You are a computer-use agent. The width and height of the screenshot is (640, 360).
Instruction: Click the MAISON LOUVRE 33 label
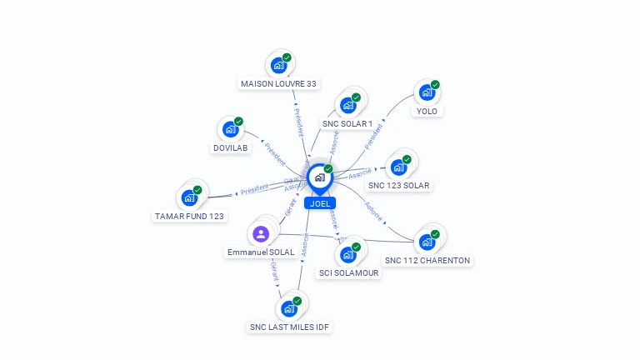278,84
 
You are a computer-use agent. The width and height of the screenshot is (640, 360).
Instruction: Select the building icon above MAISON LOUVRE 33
278,65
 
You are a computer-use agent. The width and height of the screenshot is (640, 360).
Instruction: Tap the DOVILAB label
231,147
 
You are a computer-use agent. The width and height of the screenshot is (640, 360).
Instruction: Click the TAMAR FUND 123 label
189,216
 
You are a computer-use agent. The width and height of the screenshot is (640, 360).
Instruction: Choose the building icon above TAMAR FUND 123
189,197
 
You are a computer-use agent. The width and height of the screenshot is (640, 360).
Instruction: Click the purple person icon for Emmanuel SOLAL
261,233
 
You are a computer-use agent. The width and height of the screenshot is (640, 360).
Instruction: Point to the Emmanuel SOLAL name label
261,252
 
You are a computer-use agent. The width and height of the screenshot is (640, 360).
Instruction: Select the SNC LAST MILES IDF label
290,327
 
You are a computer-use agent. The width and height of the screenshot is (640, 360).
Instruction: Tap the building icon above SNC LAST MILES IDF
289,308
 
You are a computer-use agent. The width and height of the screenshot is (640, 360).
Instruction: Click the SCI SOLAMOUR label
349,272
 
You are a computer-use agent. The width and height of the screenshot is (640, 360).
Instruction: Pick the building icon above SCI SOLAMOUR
348,254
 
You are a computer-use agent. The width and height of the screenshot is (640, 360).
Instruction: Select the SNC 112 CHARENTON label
427,260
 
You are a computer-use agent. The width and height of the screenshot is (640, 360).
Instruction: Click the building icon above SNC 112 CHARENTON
427,242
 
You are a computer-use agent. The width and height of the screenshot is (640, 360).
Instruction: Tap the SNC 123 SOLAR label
399,185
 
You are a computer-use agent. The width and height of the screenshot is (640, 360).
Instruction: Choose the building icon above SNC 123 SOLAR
399,167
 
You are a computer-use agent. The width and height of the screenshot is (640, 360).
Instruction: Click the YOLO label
427,111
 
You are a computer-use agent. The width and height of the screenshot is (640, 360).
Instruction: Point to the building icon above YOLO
427,92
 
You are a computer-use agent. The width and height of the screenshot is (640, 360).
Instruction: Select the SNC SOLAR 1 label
347,124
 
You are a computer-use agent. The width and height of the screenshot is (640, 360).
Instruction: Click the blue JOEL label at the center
319,202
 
